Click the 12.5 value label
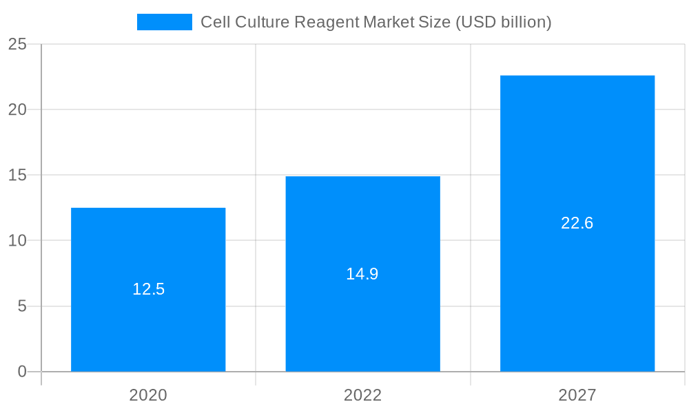point(148,289)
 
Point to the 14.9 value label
point(362,274)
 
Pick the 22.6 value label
point(577,223)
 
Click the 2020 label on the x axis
point(148,395)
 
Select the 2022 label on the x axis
point(362,395)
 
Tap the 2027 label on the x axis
point(577,395)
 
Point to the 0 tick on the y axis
point(21,372)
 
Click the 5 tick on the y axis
point(21,306)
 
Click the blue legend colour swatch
point(165,22)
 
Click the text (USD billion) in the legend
point(503,22)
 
